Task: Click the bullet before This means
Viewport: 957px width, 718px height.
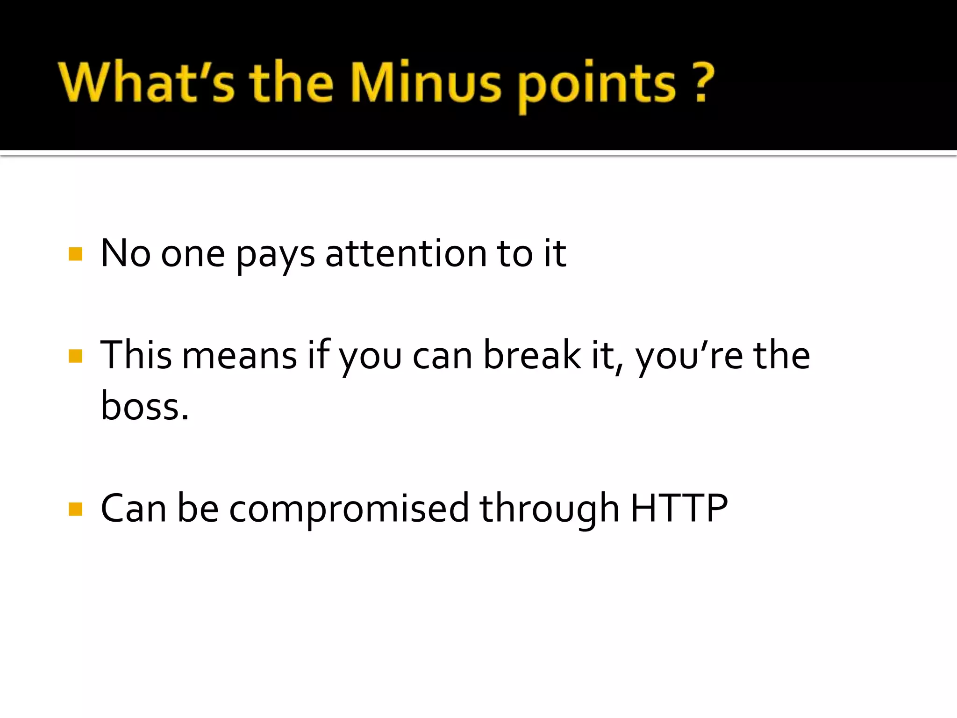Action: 75,356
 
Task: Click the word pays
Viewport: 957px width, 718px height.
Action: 275,256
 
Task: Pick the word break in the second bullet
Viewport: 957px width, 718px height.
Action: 532,355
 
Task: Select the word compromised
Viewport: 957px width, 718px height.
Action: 349,510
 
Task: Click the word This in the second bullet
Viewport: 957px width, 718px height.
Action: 136,355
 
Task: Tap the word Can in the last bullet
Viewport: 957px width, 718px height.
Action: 134,508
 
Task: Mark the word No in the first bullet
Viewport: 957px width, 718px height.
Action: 125,253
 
